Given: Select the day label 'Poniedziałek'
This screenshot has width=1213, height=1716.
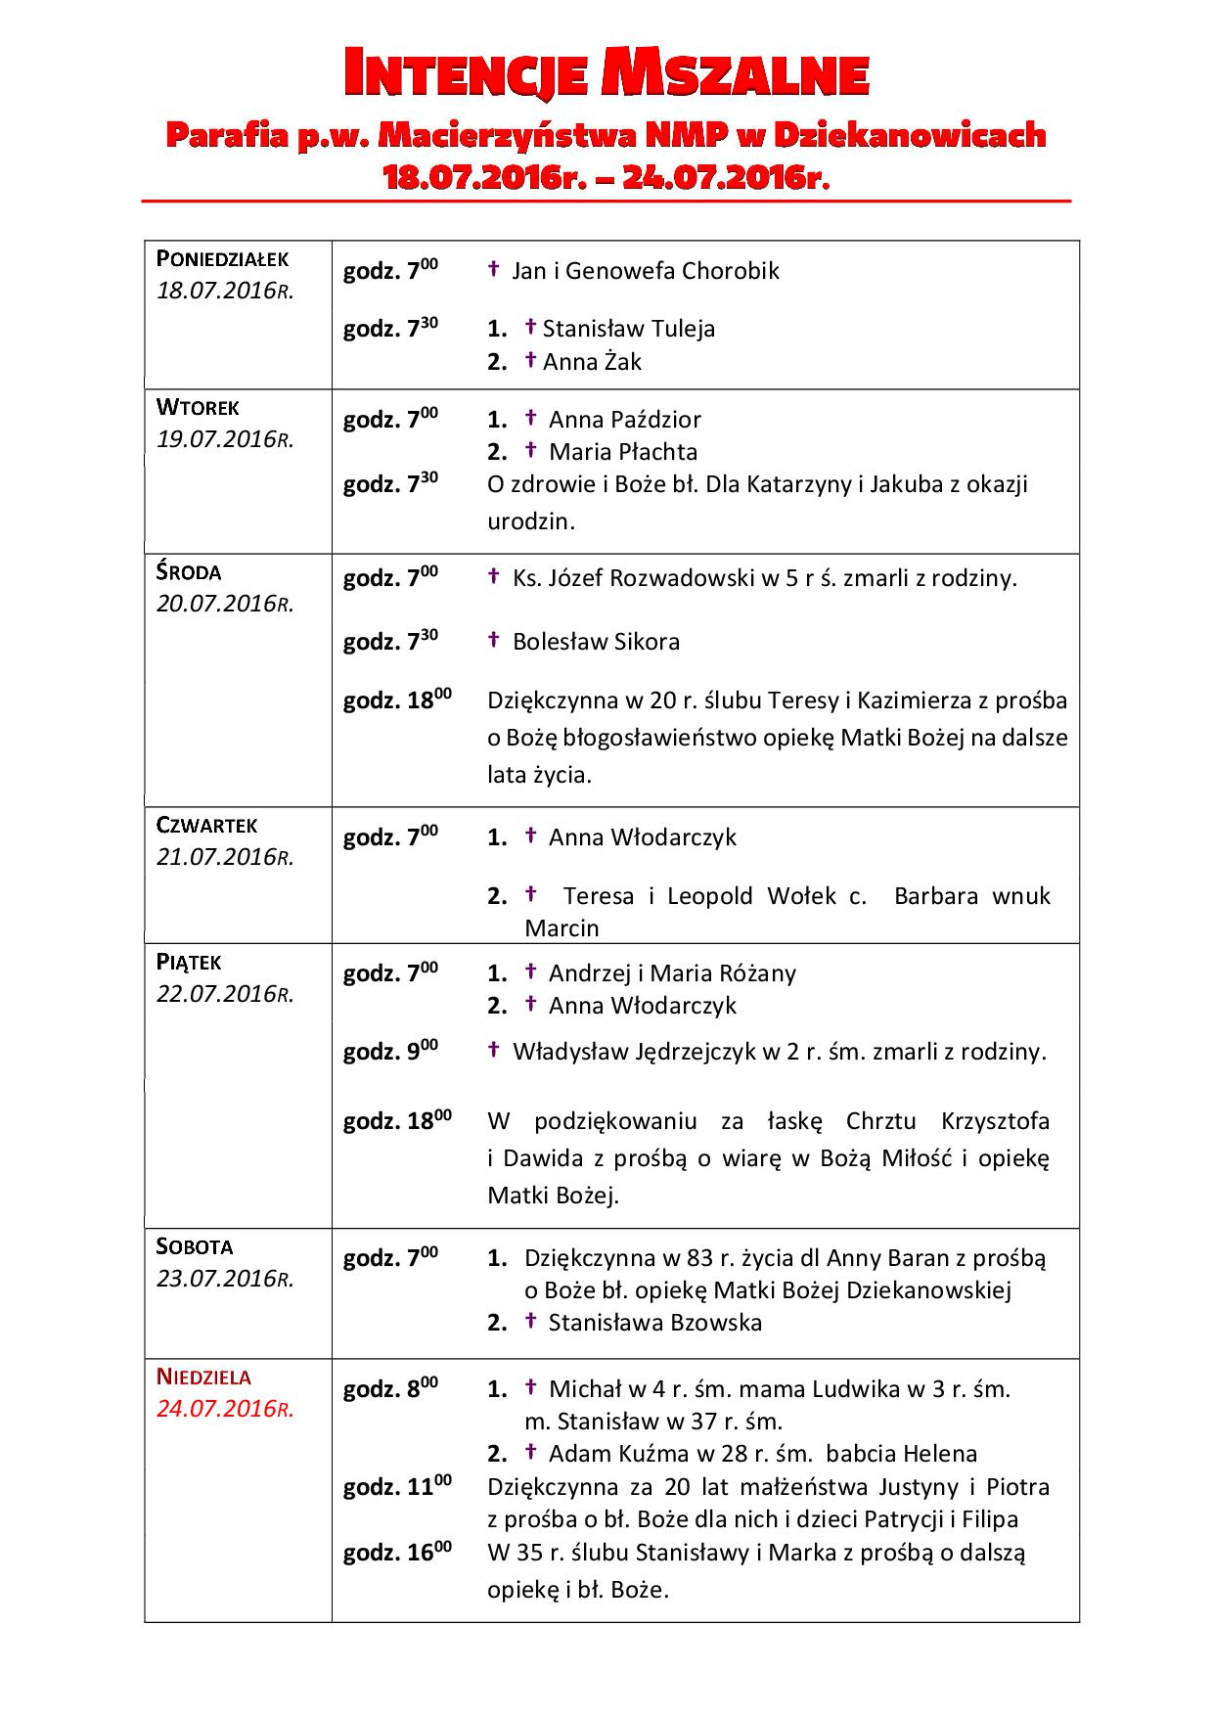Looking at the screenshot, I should point(222,259).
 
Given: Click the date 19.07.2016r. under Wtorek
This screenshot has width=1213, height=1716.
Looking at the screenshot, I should point(225,439).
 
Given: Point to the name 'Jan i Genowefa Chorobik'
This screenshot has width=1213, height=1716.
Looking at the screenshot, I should point(646,271).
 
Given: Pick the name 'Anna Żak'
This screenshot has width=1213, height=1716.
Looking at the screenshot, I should point(592,362).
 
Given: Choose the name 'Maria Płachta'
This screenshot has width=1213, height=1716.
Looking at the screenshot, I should point(623,452).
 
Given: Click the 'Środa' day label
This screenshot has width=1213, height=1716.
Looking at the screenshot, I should point(189,572).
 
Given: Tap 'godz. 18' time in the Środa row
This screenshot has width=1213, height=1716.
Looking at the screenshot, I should point(396,700).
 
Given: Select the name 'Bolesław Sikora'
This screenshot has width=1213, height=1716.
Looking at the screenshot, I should point(596,642).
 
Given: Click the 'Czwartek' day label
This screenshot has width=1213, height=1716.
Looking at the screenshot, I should point(206,826).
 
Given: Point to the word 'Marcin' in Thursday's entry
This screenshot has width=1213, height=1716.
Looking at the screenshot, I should point(562,927).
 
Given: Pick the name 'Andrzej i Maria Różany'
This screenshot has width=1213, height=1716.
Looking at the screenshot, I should point(672,973).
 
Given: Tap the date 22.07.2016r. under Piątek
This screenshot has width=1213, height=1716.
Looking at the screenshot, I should point(225,994).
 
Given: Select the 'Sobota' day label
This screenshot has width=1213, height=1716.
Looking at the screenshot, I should point(195,1247).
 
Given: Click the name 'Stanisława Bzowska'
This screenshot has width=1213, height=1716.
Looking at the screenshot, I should point(654,1323).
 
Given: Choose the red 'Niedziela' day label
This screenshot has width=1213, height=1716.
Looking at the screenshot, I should point(203,1377).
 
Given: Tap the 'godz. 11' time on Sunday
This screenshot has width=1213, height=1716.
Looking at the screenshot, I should point(396,1488).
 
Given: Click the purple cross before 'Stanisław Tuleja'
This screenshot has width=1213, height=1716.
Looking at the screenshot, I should point(530,327).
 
